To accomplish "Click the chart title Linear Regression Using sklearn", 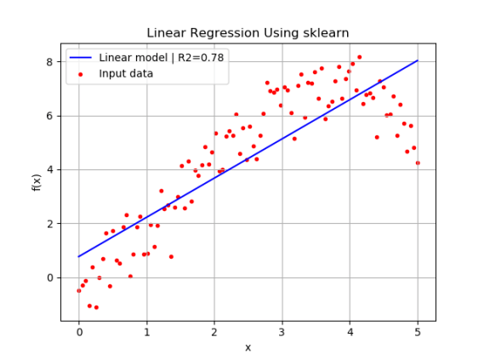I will [248, 33].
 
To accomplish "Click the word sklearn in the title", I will [324, 33].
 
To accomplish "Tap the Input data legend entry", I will [126, 73].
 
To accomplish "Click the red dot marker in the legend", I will [82, 73].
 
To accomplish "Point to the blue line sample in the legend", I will [82, 58].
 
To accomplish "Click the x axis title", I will [248, 347].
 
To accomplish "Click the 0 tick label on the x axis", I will [79, 332].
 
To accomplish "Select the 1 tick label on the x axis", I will [146, 332].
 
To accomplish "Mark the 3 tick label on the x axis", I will [282, 332].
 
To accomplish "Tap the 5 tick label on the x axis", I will [418, 332].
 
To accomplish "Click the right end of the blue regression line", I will [418, 60].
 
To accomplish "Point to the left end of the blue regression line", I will [79, 256].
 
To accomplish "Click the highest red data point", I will [359, 57].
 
